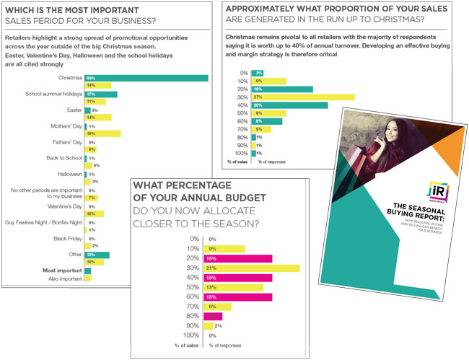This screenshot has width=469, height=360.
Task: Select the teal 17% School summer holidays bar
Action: click(x=101, y=94)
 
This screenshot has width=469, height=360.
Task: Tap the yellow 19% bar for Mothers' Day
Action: click(x=102, y=133)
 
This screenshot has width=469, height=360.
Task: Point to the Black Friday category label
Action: click(x=65, y=238)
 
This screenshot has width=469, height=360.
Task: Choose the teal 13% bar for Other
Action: click(x=97, y=255)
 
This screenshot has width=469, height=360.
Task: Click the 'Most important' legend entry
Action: click(x=62, y=271)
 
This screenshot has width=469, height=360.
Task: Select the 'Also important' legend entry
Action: click(x=63, y=278)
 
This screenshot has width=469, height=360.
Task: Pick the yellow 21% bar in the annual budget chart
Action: click(x=252, y=268)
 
